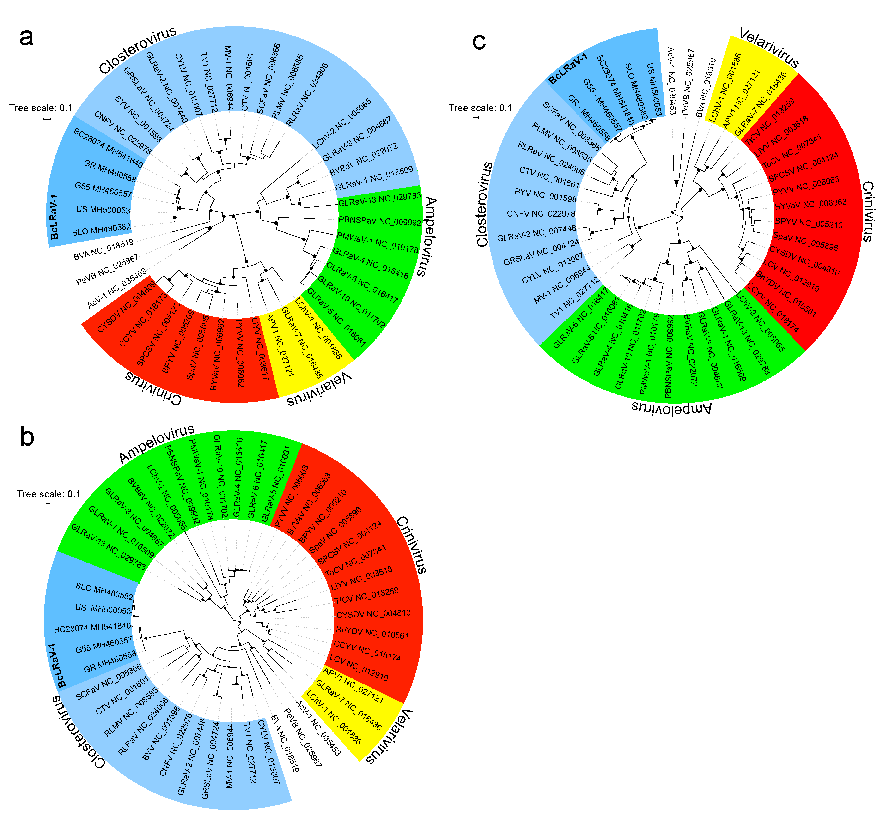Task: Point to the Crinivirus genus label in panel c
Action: click(867, 211)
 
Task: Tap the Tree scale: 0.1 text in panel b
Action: click(49, 494)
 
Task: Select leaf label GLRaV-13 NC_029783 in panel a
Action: click(379, 199)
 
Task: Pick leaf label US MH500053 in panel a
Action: click(103, 210)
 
